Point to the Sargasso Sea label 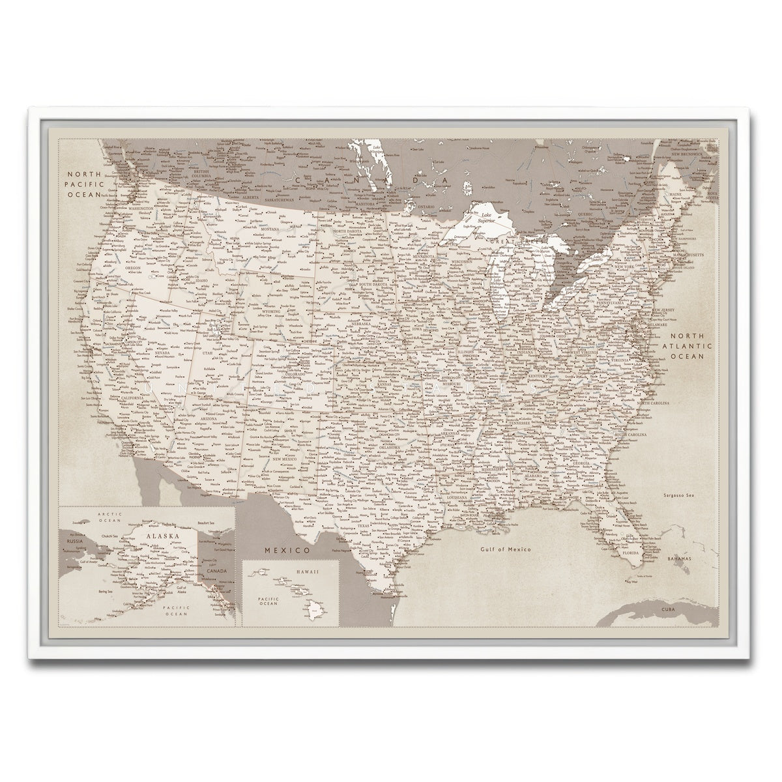(x=676, y=496)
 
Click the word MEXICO (x=286, y=551)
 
